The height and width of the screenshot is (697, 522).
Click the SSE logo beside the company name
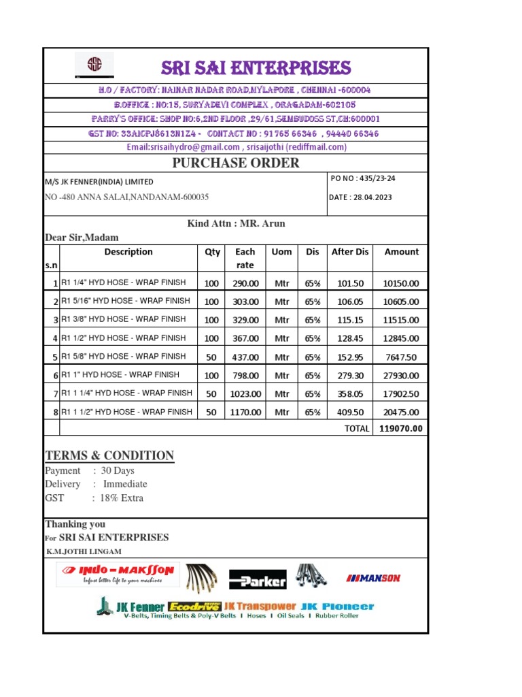click(x=94, y=66)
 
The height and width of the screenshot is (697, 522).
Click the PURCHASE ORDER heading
click(x=235, y=163)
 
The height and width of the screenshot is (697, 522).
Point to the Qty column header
click(x=212, y=252)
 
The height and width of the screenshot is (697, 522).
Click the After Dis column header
click(x=349, y=252)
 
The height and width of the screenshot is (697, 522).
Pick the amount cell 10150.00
click(x=400, y=283)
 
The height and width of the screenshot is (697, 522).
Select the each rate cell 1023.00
click(x=245, y=393)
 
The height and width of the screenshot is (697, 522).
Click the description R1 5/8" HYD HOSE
click(x=124, y=357)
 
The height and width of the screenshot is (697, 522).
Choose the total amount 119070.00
click(x=400, y=429)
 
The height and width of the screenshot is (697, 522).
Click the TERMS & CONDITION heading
click(x=109, y=456)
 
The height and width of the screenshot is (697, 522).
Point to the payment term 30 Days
click(x=118, y=471)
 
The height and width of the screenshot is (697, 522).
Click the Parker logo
click(x=257, y=580)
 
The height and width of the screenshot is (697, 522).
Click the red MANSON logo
click(x=373, y=579)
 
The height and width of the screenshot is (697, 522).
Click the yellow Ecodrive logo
click(x=194, y=606)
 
